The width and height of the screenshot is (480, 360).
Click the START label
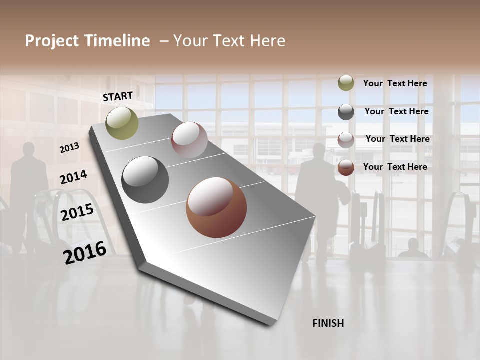tap(118, 96)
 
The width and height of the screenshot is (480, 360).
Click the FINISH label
tap(328, 323)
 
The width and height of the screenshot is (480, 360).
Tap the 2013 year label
tap(69, 148)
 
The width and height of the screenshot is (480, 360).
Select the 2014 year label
tap(73, 177)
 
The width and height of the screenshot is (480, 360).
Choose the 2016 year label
tap(85, 253)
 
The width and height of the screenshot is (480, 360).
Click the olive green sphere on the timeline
tap(122, 123)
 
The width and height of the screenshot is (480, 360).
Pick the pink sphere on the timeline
tap(189, 140)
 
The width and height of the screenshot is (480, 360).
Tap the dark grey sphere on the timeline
tap(145, 180)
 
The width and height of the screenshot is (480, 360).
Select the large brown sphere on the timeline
tap(216, 207)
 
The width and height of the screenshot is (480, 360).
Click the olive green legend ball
tap(346, 83)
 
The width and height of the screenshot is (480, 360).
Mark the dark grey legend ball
tap(346, 112)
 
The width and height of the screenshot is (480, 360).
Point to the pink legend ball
tap(346, 139)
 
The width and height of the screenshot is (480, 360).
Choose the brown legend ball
tap(346, 167)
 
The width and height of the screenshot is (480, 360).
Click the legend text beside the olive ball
tap(395, 83)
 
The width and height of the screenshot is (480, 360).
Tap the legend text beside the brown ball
tap(395, 167)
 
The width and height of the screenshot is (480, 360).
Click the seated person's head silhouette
tap(413, 244)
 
